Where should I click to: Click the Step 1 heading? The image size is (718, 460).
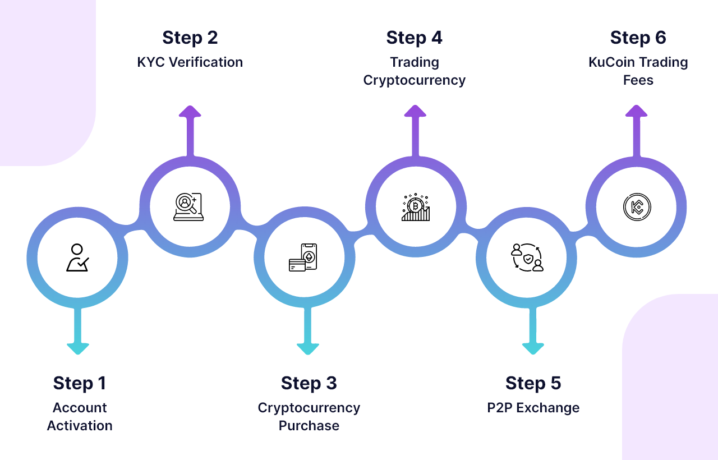click(79, 383)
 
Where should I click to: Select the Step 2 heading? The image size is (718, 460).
click(190, 38)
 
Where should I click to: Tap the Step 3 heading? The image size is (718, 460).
click(309, 383)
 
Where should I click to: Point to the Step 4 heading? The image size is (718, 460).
click(414, 38)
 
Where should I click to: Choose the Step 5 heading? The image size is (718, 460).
click(533, 383)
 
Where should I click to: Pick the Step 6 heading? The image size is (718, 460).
click(638, 38)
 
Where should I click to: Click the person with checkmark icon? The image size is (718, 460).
click(77, 258)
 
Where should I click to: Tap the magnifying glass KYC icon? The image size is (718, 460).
click(188, 206)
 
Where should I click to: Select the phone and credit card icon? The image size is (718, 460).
click(303, 258)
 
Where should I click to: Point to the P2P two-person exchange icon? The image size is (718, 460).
click(527, 258)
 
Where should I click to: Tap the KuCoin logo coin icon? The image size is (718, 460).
click(637, 206)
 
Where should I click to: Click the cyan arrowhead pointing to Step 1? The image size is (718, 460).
click(78, 348)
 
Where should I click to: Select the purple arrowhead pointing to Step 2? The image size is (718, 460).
click(190, 111)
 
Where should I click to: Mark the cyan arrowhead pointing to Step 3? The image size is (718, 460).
click(308, 348)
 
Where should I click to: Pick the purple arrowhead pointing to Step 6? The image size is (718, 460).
click(636, 111)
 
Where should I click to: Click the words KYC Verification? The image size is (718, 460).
click(190, 62)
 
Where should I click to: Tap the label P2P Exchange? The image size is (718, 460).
click(533, 408)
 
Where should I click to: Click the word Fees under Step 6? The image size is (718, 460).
click(638, 80)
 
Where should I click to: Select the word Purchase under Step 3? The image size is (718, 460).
click(309, 426)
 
